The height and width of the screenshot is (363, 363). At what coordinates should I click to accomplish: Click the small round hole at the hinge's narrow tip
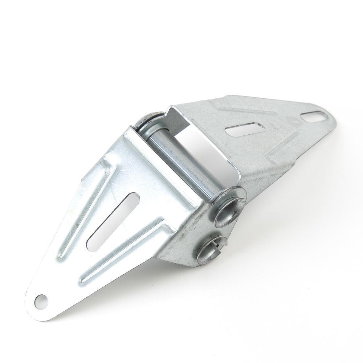42,299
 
